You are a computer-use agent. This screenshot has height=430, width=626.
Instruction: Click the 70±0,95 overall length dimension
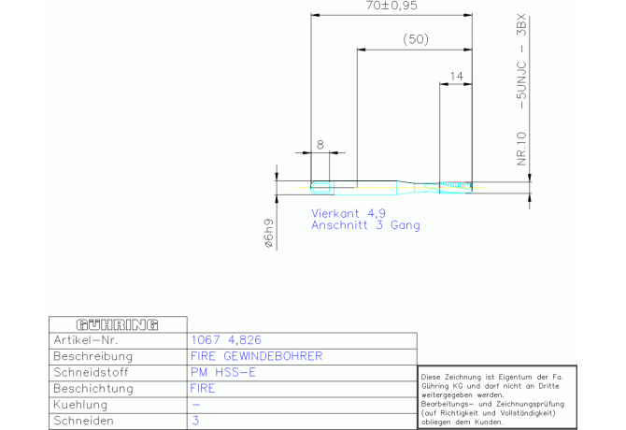coord(391,6)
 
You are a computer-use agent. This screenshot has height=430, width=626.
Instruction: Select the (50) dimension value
coord(416,39)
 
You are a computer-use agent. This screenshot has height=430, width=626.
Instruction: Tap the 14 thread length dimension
coord(456,76)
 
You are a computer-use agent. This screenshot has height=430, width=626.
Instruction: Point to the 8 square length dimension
coord(320,145)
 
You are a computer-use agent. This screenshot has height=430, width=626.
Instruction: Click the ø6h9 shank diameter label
coord(269,233)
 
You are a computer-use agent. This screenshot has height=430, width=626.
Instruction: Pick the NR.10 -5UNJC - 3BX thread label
coord(521,90)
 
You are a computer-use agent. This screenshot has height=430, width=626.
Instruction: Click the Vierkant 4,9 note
coord(349,213)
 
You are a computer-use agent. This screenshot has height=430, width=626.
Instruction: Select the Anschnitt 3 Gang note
coord(365,225)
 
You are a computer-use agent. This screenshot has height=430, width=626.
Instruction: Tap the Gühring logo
coord(118,324)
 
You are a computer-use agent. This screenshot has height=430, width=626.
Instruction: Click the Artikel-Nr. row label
coord(86,340)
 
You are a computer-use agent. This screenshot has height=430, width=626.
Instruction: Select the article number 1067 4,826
coord(226,340)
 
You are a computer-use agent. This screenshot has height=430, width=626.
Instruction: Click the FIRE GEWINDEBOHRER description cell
coord(256,356)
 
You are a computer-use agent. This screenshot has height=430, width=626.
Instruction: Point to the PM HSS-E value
coord(222,372)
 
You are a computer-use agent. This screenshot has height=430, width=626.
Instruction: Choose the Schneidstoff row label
coord(91,372)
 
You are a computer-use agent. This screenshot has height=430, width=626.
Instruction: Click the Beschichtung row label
coord(93,389)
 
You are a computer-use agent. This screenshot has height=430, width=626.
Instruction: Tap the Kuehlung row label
coord(80,405)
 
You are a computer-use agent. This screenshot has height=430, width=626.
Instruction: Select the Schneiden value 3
coord(195,421)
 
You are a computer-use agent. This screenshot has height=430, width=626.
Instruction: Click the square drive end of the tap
coord(322,188)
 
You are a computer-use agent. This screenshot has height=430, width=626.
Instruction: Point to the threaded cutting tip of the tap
coord(456,187)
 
